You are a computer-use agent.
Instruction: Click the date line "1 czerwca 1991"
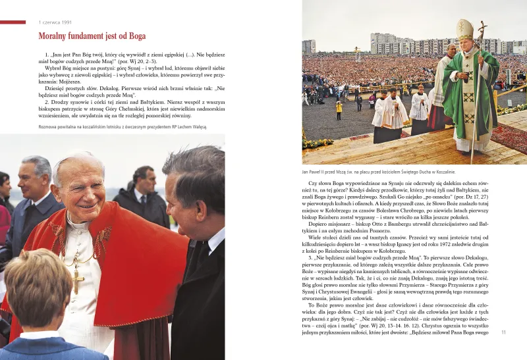56,23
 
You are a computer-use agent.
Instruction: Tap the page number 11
503,332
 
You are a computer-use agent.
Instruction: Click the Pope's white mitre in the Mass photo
465,29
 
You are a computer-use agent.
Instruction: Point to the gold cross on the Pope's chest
78,280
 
